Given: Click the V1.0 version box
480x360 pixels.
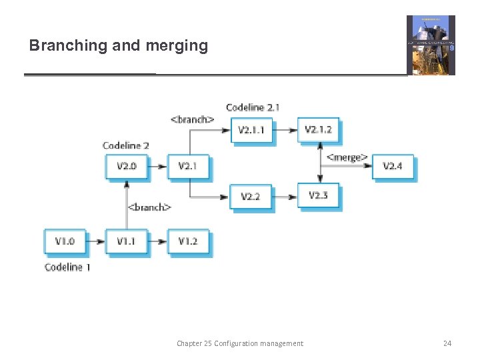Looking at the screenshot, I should [65, 241].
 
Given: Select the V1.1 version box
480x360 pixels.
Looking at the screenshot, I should [126, 241].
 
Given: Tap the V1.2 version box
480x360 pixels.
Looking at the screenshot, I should [188, 241].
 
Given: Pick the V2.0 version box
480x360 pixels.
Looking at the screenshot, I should [126, 166].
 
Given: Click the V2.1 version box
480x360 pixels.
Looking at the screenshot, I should [188, 166].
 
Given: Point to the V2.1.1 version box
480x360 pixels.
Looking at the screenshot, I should [251, 129].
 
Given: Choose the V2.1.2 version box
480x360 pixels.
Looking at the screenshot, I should [318, 129].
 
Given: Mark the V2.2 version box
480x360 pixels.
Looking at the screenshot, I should [251, 196].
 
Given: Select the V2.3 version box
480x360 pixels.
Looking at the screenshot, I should [318, 195].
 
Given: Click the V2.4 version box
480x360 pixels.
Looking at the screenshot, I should [393, 166].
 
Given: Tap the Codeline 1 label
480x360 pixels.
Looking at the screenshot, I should [67, 267].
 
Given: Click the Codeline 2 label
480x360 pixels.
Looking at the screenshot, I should [126, 145].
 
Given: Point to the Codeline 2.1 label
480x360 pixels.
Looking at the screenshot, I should [253, 107].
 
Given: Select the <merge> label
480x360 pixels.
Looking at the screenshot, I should [347, 158].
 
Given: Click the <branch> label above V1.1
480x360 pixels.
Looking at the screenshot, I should [149, 207].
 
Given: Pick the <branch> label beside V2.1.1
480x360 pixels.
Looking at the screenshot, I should [193, 119].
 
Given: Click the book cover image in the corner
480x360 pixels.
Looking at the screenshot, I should [431, 45].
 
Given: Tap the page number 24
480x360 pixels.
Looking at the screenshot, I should [447, 343].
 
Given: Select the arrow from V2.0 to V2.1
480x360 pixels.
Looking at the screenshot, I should [157, 166].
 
